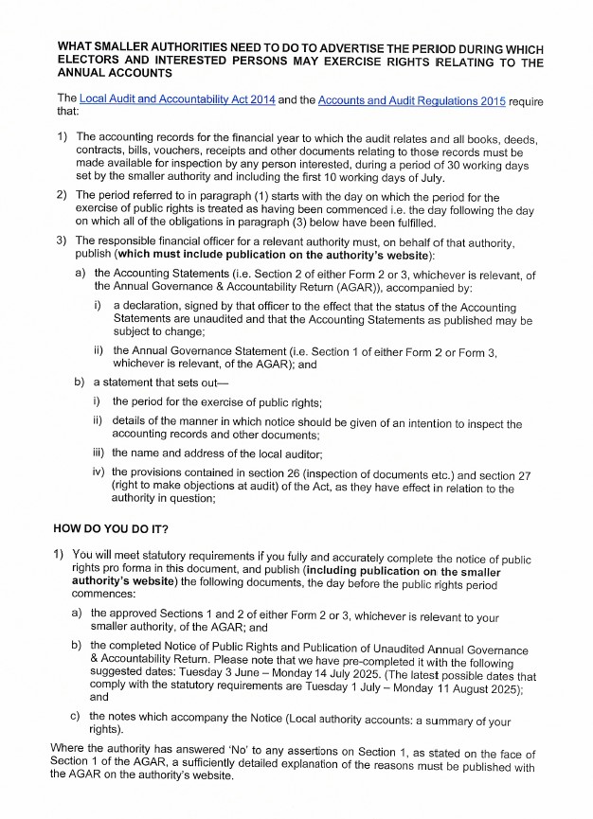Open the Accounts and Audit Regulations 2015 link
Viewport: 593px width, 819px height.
pos(412,98)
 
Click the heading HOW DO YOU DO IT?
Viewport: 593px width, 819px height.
pos(111,527)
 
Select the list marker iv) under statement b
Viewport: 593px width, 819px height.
pos(98,471)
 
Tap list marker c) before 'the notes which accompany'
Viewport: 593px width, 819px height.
pos(77,717)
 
